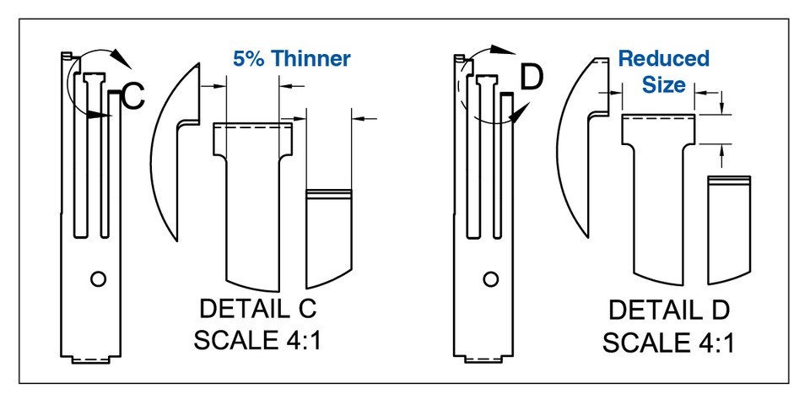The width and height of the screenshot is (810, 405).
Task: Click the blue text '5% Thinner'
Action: point(291,59)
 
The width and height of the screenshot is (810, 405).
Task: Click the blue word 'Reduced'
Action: point(664,59)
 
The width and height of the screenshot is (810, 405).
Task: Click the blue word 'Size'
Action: point(664,85)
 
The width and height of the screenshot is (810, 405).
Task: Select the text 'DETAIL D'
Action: point(670,310)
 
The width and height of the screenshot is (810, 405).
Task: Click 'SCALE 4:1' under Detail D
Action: point(670,342)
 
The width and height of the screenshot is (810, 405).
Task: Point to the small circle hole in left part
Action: point(98,278)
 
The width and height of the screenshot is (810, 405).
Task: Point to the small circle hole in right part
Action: point(489,278)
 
